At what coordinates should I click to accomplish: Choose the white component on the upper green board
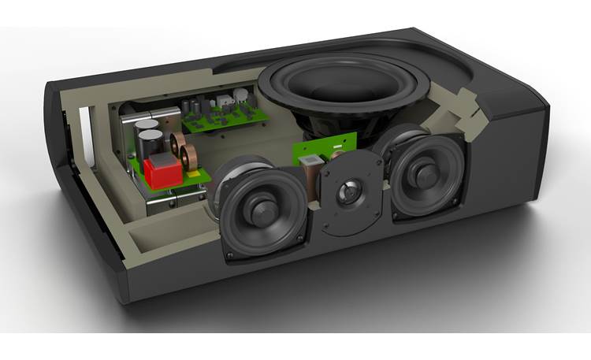pos(226,101)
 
